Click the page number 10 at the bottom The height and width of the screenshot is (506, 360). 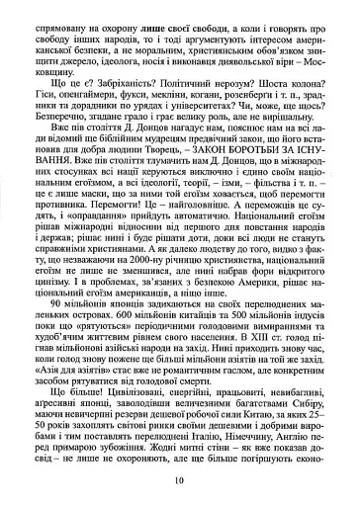[x=180, y=480]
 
